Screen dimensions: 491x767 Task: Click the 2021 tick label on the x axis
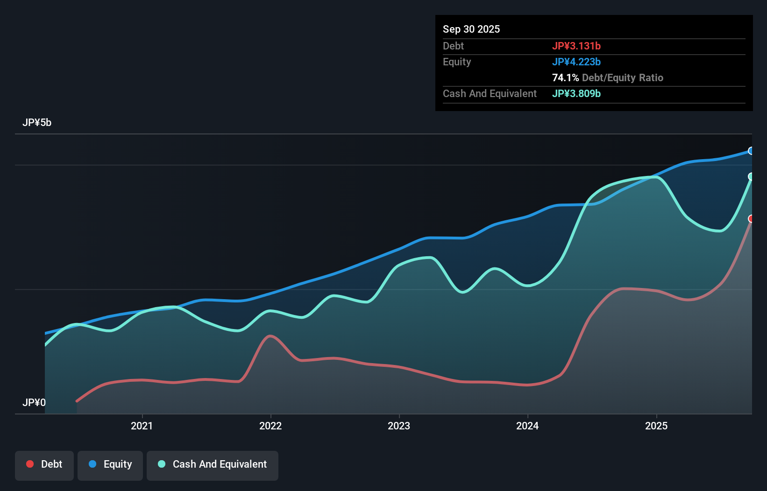pos(142,426)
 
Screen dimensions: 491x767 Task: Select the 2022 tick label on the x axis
pos(270,426)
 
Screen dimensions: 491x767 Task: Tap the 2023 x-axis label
pos(399,426)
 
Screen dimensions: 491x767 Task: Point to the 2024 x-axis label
pos(527,426)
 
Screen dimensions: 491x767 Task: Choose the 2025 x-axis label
pos(656,426)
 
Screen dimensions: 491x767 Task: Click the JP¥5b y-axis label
pos(37,123)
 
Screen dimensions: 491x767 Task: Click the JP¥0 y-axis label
pos(34,402)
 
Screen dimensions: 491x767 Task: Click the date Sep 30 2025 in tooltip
pos(471,29)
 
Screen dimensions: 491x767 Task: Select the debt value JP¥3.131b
pos(576,46)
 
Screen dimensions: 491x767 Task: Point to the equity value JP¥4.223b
pos(576,62)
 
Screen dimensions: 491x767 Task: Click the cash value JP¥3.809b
pos(576,93)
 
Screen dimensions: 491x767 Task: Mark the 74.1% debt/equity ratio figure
pos(565,77)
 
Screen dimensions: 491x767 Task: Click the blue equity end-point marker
pos(751,151)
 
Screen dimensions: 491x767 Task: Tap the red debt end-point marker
pos(751,218)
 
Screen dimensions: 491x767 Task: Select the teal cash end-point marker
pos(751,176)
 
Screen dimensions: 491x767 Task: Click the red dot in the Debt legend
pos(30,464)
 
